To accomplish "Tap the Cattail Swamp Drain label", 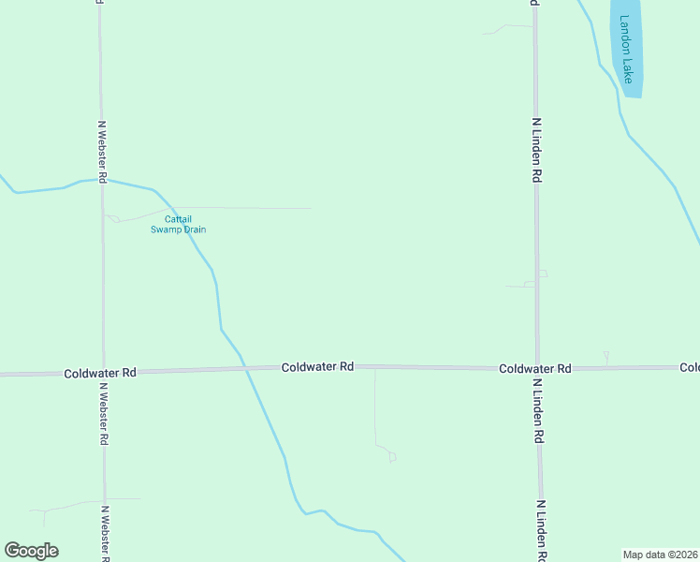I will [178, 225].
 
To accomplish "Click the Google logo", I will [31, 551].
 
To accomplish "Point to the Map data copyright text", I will [661, 554].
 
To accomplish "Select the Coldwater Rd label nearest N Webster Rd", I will [100, 372].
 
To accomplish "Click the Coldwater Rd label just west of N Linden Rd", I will [534, 369].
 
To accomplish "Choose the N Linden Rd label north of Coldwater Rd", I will [536, 150].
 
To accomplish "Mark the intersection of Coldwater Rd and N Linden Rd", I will [537, 368].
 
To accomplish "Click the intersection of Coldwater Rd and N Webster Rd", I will [103, 372].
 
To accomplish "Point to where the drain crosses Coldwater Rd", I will [246, 370].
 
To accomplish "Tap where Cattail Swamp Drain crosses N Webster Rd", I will [102, 179].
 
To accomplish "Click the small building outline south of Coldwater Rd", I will [392, 457].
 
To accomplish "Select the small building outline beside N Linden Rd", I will [542, 274].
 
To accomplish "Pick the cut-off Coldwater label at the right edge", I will [690, 367].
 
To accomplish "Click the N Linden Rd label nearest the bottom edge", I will [542, 530].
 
